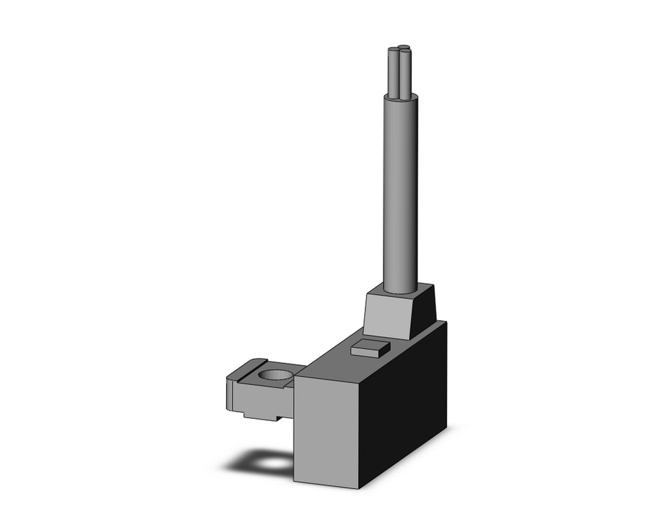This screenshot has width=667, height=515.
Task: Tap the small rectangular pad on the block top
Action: (370, 347)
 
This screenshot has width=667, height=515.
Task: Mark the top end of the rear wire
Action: (403, 47)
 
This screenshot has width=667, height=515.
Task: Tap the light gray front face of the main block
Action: (326, 427)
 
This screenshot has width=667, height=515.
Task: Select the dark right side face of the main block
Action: (404, 407)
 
